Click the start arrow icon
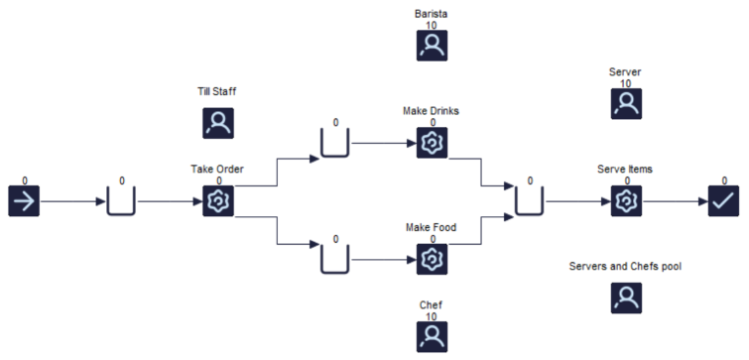(24, 201)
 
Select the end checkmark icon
(723, 201)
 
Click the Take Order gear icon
(218, 201)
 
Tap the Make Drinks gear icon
(433, 143)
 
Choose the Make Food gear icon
(433, 259)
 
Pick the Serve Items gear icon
(625, 201)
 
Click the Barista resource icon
(433, 46)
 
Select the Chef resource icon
(433, 336)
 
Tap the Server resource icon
(625, 104)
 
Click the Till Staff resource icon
(218, 123)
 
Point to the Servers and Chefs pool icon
(625, 298)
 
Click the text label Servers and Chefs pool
(625, 266)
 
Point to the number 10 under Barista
(432, 25)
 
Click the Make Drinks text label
(432, 110)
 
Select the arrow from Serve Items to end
(674, 201)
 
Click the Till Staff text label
(217, 91)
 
